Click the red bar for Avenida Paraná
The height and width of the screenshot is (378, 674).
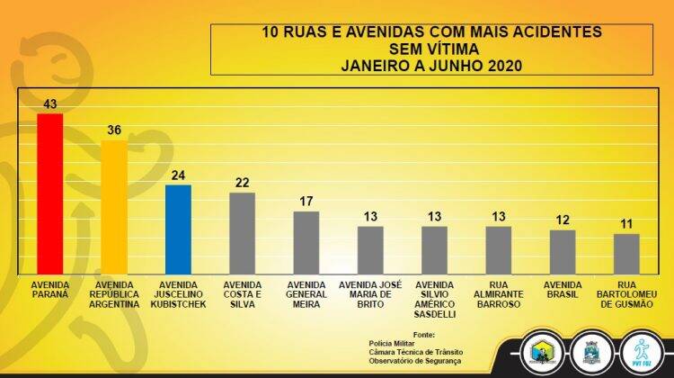tap(49, 193)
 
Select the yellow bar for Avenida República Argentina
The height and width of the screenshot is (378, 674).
tap(114, 207)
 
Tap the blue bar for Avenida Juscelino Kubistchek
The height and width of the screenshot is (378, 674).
tap(178, 229)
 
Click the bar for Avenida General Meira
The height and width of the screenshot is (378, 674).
tap(306, 242)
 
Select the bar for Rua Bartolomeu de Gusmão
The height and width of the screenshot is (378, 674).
tap(626, 253)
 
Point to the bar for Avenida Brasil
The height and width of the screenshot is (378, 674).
tap(563, 251)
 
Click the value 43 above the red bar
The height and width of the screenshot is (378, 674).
tap(49, 103)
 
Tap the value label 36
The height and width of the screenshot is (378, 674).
tap(114, 130)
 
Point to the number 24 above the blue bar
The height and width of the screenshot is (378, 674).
tap(178, 175)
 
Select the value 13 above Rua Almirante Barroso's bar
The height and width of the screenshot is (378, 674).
tap(498, 216)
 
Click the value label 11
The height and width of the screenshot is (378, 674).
tap(626, 223)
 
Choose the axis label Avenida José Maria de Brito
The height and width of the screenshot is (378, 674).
tap(370, 294)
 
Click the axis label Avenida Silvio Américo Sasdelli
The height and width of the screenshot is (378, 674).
tap(435, 299)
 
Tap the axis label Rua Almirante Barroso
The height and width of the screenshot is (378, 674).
tap(499, 294)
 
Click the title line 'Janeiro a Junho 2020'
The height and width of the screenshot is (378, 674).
tap(431, 65)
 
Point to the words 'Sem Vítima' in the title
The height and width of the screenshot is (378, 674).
tap(431, 48)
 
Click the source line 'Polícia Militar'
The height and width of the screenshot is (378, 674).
tap(393, 343)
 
